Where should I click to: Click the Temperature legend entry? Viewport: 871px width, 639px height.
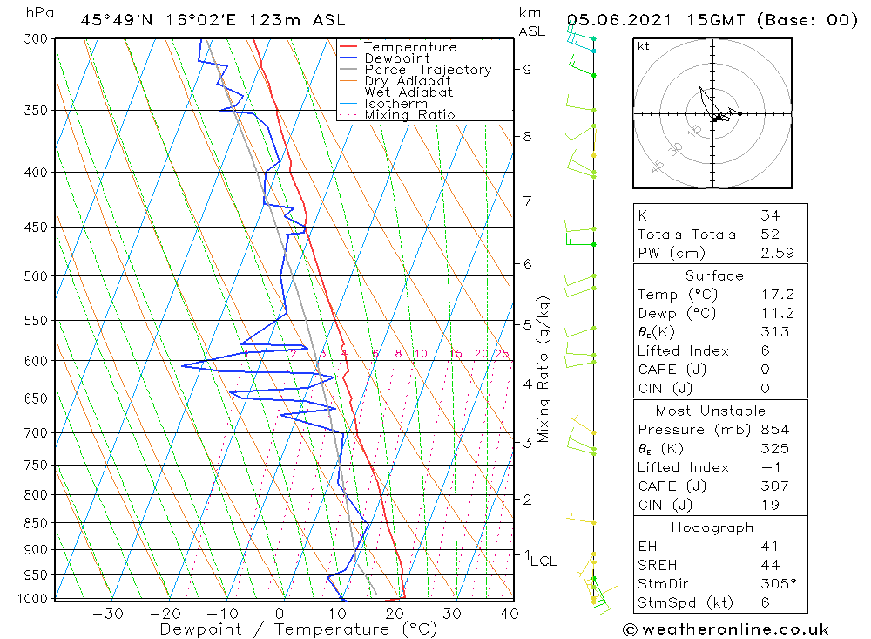(x=409, y=47)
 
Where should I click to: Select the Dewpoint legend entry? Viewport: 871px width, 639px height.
(x=396, y=58)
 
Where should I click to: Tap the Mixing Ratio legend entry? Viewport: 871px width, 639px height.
(x=409, y=114)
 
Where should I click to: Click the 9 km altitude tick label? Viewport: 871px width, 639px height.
(x=528, y=69)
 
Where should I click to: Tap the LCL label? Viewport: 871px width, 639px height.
(x=543, y=561)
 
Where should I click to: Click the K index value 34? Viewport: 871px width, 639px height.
(x=770, y=215)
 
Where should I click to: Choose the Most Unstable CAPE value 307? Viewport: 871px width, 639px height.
(x=773, y=486)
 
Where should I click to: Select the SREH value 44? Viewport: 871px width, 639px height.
(x=770, y=565)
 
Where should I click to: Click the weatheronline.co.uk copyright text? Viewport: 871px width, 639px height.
(x=726, y=629)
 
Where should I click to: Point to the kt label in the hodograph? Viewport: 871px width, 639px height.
(x=644, y=46)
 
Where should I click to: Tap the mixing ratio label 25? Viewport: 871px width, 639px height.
(x=502, y=353)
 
